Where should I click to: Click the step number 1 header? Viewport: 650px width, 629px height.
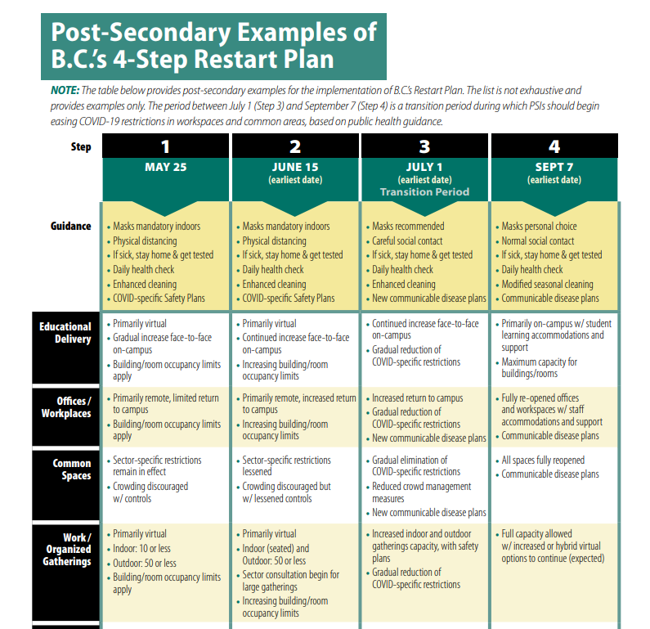pos(165,146)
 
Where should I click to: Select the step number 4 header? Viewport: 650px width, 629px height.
pos(554,146)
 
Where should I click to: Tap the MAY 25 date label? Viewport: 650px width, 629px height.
pos(166,167)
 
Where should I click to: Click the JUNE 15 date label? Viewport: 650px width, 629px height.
pos(295,167)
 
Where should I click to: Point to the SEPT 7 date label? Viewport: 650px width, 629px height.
pos(554,167)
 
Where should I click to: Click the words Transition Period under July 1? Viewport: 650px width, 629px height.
pos(425,192)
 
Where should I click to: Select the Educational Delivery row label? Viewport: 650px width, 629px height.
pos(65,333)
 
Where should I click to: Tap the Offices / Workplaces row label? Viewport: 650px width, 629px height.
pos(66,407)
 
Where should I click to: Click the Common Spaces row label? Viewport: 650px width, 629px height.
pos(72,470)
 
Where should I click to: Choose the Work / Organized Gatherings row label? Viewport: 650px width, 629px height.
pos(67,550)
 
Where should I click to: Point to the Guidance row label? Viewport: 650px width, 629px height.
pos(70,226)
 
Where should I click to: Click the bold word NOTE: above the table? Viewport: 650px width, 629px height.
pos(65,91)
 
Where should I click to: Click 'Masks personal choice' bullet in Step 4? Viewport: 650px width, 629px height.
pos(539,227)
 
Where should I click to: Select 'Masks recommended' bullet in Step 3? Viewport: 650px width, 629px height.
pos(408,227)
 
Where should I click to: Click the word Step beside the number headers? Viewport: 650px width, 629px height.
pos(81,146)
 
